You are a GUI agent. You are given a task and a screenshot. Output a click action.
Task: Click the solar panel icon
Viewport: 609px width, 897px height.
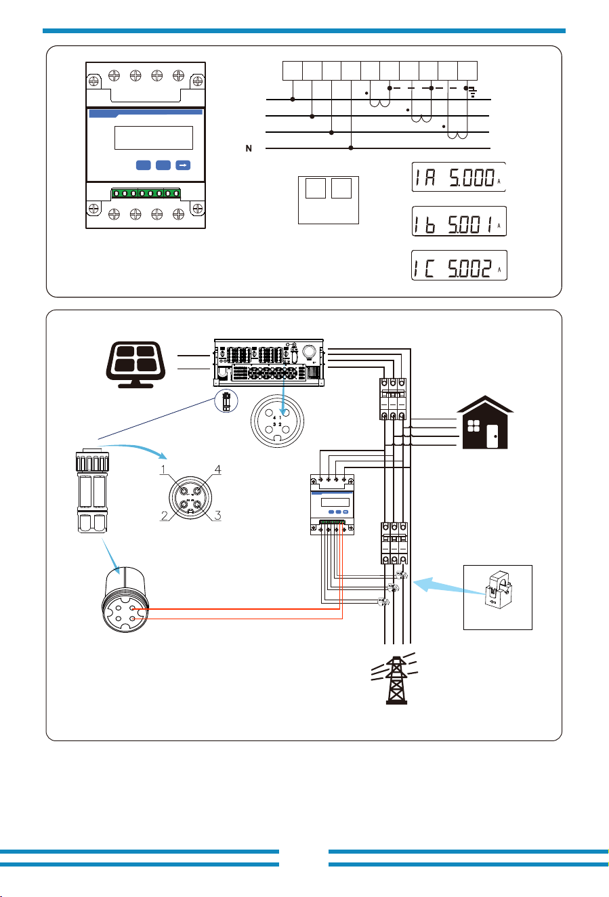point(135,364)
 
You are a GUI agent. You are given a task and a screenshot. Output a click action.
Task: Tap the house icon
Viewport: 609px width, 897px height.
point(485,422)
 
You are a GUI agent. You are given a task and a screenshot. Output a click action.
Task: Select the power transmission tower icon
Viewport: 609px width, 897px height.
point(396,678)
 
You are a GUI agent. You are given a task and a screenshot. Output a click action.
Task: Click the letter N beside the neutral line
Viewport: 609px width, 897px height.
point(249,148)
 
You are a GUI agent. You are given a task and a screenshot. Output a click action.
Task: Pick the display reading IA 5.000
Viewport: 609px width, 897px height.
point(459,177)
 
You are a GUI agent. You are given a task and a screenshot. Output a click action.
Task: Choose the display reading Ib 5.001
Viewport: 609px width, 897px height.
point(459,221)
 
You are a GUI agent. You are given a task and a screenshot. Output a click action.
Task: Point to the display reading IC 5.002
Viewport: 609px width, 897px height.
point(459,265)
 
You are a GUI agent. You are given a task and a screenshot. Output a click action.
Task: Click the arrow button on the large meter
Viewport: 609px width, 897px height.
point(183,165)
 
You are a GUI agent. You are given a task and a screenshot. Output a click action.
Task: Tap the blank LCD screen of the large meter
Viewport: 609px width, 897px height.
point(154,138)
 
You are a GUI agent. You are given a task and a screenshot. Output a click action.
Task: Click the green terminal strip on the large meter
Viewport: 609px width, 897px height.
point(146,193)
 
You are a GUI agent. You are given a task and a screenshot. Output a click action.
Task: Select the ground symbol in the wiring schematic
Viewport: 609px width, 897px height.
point(473,93)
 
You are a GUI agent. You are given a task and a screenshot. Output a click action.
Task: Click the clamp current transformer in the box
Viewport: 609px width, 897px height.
point(498,590)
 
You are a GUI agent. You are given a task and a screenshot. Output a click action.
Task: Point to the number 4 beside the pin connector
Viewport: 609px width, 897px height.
point(218,469)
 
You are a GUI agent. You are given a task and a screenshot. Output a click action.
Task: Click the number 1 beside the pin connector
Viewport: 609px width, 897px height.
point(163,470)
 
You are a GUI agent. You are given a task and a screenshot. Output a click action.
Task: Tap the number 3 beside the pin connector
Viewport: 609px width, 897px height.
point(218,515)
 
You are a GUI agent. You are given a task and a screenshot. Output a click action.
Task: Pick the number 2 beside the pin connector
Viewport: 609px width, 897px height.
point(165,516)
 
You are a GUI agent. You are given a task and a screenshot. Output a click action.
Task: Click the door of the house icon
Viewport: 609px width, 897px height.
point(492,436)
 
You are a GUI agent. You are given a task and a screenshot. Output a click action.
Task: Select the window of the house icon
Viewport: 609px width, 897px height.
point(474,425)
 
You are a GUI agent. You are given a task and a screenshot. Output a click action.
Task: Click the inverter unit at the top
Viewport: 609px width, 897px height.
point(269,362)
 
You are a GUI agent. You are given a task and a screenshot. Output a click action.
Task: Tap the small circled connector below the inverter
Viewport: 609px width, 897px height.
point(226,401)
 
